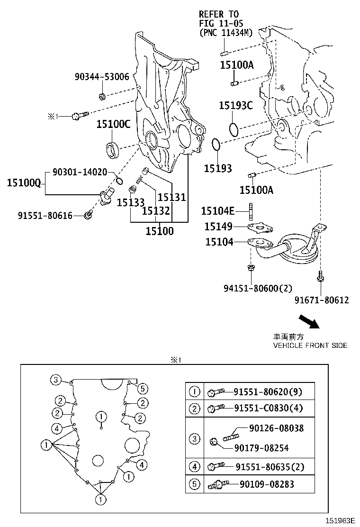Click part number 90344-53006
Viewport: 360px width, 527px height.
click(x=101, y=77)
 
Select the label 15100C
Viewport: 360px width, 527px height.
click(x=113, y=124)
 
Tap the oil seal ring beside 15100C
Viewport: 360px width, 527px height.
click(x=113, y=148)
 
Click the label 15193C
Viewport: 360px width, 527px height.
click(x=235, y=105)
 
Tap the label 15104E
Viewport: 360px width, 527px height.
click(x=217, y=210)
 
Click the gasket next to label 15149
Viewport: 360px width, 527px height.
click(x=261, y=228)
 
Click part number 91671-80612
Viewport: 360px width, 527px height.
click(x=321, y=300)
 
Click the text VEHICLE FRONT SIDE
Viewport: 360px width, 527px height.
click(x=310, y=345)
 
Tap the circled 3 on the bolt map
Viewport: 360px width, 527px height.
click(x=56, y=380)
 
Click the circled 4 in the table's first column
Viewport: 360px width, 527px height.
click(x=195, y=467)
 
